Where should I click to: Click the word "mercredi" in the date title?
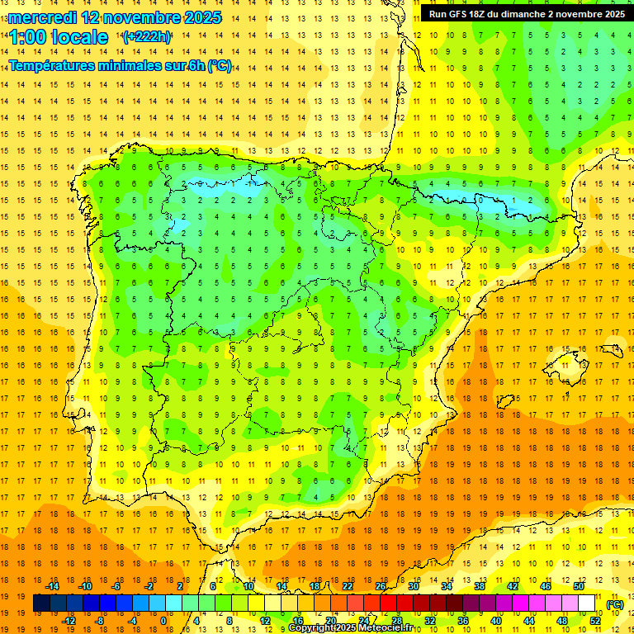42,17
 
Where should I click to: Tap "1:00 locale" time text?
59,37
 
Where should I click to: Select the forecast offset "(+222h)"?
146,36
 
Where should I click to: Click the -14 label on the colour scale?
52,586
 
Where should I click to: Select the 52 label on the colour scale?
595,621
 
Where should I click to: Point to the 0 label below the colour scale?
163,621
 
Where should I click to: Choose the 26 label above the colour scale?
381,586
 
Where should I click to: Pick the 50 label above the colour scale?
578,586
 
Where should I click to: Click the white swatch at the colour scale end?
587,603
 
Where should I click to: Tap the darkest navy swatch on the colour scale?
41,603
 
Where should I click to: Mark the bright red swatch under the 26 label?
388,603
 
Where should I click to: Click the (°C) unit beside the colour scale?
614,604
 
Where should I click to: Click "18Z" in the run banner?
485,14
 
